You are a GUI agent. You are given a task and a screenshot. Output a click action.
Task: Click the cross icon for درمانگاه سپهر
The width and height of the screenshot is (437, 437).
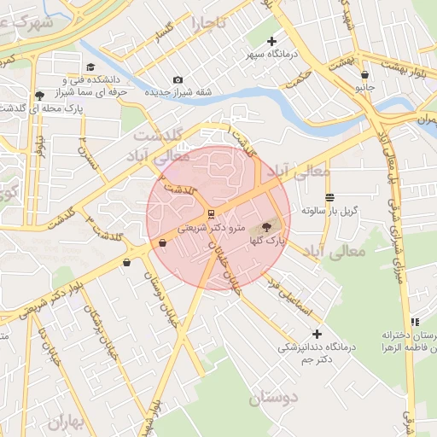coord(272,41)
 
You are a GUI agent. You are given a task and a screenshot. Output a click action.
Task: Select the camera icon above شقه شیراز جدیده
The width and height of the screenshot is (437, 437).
coord(178,80)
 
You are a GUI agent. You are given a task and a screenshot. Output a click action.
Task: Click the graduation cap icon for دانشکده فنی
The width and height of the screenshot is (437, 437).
coord(90,67)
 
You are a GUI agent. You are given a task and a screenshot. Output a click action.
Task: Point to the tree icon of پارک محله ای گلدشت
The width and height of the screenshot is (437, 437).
coord(39,96)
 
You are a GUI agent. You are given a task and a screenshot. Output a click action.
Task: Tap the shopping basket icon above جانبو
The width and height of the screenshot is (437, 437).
coord(364,75)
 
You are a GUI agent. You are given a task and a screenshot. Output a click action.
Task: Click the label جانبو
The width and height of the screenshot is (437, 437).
coord(364,87)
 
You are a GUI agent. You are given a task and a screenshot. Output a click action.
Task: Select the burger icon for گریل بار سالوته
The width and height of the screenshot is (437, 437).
coord(330,197)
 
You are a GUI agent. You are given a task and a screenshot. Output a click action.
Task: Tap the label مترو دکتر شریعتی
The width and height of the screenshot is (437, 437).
coord(211,229)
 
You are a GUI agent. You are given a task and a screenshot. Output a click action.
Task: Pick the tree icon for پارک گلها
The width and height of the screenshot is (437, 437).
coord(266,228)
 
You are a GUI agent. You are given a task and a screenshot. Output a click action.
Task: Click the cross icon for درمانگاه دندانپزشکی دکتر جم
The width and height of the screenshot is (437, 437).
coord(318,334)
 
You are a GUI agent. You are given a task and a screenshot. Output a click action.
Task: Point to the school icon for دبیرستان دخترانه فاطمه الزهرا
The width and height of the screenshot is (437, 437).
coord(415,322)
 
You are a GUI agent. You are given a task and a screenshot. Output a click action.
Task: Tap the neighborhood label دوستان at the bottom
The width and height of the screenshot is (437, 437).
coord(274,399)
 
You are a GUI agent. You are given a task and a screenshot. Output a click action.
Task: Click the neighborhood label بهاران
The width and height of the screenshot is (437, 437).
coord(67,422)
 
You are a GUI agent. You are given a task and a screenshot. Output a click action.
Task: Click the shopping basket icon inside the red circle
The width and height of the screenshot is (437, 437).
coord(162,243)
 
